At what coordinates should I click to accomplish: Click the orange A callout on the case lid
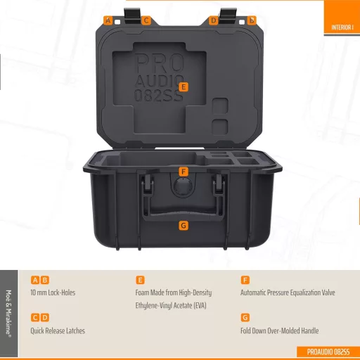tap(108, 20)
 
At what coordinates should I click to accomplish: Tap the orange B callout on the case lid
tap(252, 20)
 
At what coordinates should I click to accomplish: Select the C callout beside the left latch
tap(146, 20)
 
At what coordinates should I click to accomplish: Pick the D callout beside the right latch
tap(213, 20)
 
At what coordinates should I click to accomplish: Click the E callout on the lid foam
tap(184, 87)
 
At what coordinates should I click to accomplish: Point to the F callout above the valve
tap(184, 172)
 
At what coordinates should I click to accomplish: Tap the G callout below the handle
tap(184, 226)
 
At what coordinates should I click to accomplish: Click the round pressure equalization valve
tap(184, 187)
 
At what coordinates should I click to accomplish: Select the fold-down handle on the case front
tap(183, 211)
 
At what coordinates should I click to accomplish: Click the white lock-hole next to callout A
tap(117, 22)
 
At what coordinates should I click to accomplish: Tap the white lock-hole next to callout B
tap(242, 22)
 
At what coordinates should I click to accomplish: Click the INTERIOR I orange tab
tap(342, 17)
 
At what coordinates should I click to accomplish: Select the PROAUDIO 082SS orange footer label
tap(328, 352)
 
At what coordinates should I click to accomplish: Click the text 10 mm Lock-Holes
tap(53, 292)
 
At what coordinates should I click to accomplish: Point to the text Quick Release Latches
tap(58, 330)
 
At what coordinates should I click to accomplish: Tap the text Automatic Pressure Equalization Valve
tap(288, 292)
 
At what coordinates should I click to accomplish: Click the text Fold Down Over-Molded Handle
tap(280, 330)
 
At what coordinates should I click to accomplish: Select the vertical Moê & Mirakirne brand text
tap(8, 314)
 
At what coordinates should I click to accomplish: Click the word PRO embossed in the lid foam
tap(159, 63)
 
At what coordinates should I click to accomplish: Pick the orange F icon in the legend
tap(245, 280)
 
